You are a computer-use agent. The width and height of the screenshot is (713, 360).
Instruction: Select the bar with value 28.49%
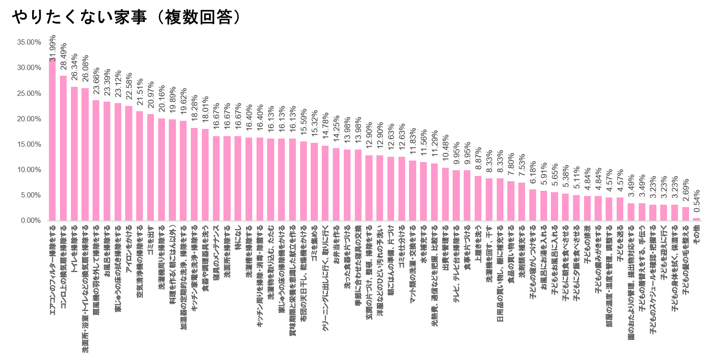[x=63, y=148]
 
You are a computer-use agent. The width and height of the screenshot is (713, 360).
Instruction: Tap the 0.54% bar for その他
[x=696, y=219]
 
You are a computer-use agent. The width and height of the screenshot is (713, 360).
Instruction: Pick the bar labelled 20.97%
[x=151, y=167]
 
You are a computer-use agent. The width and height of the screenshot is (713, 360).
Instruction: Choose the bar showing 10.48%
[x=445, y=194]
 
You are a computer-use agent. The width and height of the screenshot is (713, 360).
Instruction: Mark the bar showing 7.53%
[x=522, y=201]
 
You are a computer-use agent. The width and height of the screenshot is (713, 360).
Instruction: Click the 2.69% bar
[x=685, y=214]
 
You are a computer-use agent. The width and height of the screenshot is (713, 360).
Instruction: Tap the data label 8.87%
[x=478, y=160]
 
